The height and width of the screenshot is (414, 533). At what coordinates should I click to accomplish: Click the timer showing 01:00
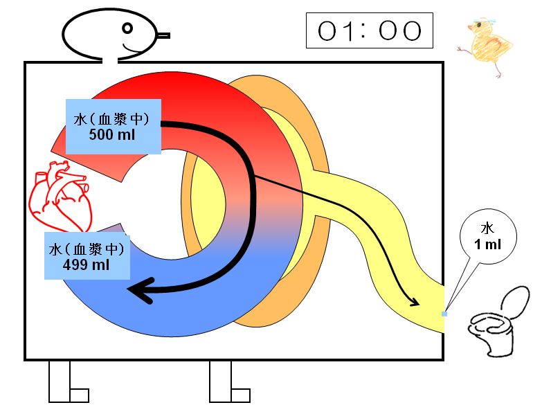[x=370, y=30]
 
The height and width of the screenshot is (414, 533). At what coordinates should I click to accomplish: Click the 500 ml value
[x=112, y=134]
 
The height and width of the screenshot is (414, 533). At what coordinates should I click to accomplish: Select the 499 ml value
[x=86, y=264]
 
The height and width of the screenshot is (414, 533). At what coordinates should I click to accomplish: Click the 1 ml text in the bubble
[x=487, y=244]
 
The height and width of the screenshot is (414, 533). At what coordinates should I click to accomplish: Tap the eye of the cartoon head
[x=127, y=28]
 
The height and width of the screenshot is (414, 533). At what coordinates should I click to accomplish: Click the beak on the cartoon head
[x=163, y=35]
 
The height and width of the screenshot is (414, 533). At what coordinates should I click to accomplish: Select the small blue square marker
[x=444, y=314]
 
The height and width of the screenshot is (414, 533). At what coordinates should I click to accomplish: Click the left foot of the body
[x=69, y=382]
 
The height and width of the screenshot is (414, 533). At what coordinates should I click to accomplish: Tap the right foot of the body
[x=230, y=382]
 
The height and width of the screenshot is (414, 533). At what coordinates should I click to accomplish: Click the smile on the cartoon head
[x=133, y=49]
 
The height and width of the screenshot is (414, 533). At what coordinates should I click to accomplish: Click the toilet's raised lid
[x=515, y=302]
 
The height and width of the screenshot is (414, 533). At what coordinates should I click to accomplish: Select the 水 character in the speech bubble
[x=487, y=228]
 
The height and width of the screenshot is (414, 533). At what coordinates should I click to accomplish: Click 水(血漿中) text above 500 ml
[x=111, y=119]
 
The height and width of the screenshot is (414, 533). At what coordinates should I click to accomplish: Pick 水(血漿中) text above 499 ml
[x=87, y=249]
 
